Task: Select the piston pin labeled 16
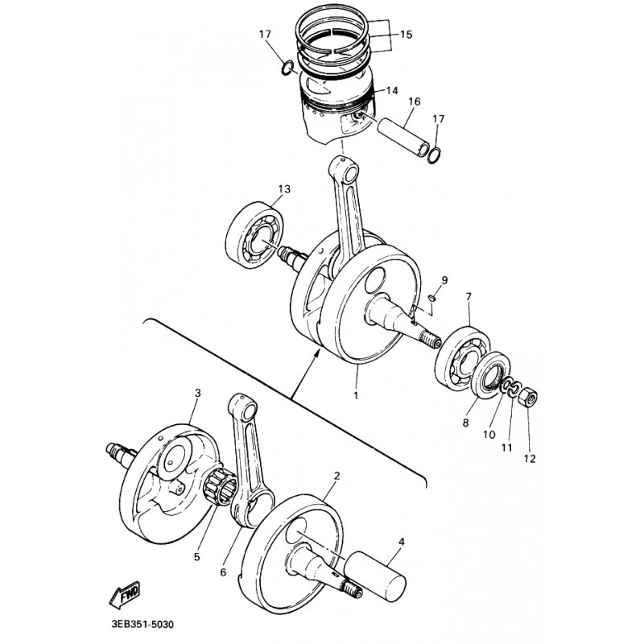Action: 405,137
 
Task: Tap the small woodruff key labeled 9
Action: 432,297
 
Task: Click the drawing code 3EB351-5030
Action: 142,625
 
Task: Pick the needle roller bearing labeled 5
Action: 220,488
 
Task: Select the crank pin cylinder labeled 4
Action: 375,576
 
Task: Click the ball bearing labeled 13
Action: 254,235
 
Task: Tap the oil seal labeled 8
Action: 491,374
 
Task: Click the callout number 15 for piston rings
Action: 406,35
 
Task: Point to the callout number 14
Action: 392,90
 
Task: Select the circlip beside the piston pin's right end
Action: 434,155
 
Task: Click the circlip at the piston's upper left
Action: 287,68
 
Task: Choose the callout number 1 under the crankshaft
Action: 356,395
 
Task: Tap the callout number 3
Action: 198,393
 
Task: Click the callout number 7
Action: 469,296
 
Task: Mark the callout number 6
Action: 223,572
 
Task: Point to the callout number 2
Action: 337,476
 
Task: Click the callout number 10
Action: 489,435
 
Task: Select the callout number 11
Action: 507,448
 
